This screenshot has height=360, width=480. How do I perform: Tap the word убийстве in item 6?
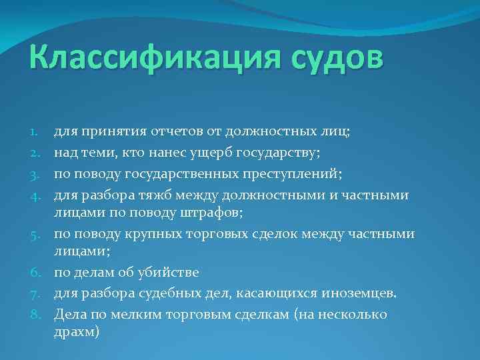pos(171,273)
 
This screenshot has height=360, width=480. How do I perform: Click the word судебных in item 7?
pos(171,293)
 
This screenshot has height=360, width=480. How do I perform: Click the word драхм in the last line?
pos(75,331)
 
